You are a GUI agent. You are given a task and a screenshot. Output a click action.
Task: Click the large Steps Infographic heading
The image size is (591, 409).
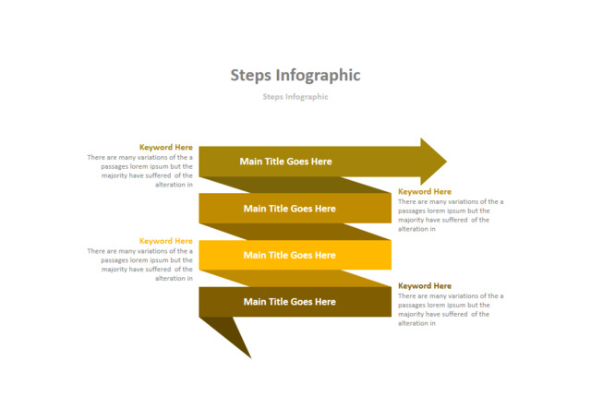coord(295,76)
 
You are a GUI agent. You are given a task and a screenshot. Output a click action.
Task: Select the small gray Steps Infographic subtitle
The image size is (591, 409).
coord(295,96)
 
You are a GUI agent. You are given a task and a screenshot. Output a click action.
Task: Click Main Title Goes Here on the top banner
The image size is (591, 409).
coord(285,162)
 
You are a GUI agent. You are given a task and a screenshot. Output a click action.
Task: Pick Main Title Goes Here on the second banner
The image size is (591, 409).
coord(289,209)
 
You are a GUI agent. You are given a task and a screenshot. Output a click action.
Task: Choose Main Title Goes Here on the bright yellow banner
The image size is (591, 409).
coord(289,255)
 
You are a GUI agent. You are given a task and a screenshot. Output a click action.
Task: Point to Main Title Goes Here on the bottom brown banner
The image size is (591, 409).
coord(289,302)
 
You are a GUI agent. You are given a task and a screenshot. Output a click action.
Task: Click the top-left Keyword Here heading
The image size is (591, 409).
coord(166,147)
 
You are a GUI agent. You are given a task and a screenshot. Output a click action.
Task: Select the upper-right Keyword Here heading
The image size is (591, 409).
coord(425,192)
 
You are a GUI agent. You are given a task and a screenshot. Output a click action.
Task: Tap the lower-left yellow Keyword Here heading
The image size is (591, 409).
coord(166,241)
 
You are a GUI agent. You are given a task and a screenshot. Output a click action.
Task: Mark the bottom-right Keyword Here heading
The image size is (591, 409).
coord(425,286)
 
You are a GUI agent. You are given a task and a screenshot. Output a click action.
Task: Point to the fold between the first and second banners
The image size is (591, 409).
coord(295,185)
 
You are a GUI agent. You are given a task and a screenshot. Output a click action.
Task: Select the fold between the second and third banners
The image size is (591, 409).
coord(295,232)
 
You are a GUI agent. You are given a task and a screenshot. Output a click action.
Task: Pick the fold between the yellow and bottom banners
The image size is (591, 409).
coord(295,278)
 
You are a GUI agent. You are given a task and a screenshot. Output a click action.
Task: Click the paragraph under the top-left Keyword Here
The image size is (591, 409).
coord(141,171)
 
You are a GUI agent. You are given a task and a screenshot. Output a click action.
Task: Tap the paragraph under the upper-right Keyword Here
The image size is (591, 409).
coord(451,215)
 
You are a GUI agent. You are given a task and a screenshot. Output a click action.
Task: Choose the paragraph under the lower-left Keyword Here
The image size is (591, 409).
coord(141,264)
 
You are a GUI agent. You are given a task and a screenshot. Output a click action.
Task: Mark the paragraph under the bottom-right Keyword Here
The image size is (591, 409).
coord(451,309)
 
